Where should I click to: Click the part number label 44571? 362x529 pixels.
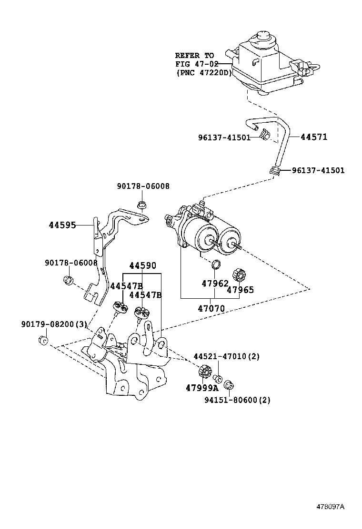(314, 137)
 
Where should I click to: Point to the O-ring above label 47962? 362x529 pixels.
(216, 264)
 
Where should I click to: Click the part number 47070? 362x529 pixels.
(211, 308)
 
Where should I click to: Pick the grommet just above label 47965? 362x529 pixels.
(237, 275)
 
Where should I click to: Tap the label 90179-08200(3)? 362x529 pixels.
(54, 324)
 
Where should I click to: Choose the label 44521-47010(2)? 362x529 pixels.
(226, 356)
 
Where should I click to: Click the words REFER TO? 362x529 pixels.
(194, 56)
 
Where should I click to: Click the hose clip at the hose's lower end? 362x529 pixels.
(274, 170)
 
